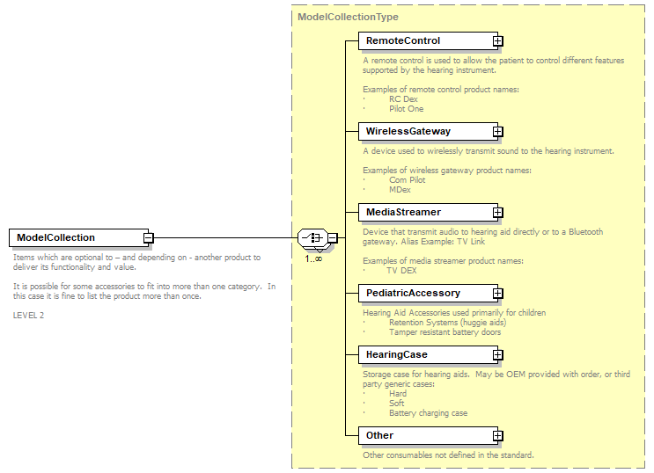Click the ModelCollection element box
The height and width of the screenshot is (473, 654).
(76, 237)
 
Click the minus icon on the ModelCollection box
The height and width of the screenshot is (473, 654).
(149, 237)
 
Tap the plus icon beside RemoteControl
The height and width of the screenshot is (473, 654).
(497, 41)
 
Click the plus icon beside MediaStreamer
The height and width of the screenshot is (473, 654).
(497, 213)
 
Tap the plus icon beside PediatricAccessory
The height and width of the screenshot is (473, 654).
(497, 294)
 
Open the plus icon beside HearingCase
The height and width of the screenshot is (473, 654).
(497, 355)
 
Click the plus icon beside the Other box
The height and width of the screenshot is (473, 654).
(497, 436)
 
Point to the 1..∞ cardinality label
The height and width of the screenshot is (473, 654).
(312, 258)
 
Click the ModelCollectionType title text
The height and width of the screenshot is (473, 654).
(348, 17)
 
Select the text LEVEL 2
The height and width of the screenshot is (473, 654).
(28, 315)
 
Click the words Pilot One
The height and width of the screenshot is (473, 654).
(406, 109)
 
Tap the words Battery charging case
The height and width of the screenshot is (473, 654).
(428, 413)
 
